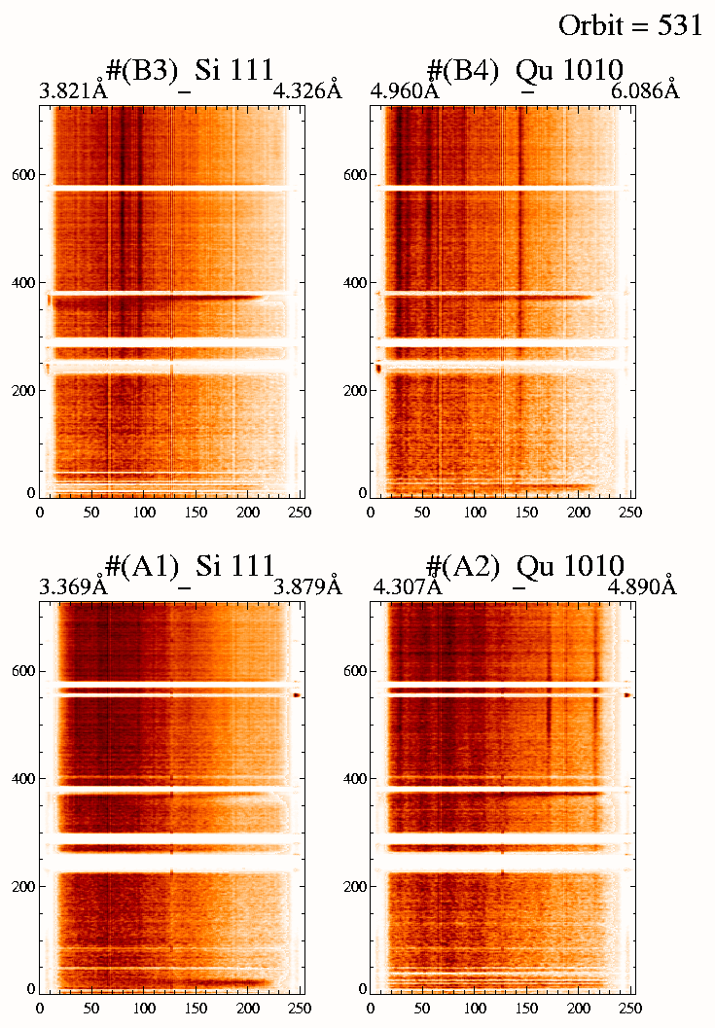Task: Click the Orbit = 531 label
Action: tap(630, 25)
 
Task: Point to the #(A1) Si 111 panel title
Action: tap(191, 566)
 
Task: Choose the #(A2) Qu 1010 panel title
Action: tap(524, 566)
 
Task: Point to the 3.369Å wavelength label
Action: tap(72, 587)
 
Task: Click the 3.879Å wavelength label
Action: tap(308, 587)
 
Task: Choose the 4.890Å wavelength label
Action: tap(642, 587)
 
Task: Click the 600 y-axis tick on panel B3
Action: tap(21, 175)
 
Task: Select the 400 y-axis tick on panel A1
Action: tap(21, 779)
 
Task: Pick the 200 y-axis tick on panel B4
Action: tap(354, 390)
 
